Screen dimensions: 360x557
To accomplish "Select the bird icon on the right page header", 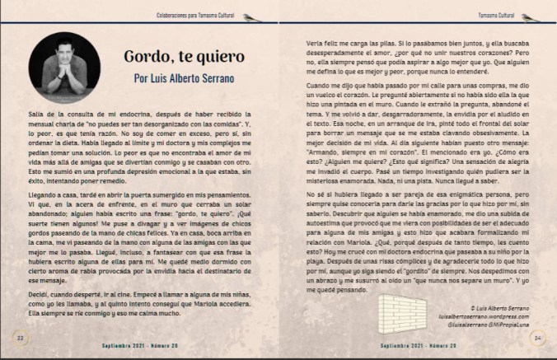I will click(540, 16).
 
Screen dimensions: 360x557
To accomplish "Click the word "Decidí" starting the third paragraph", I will click(38, 292).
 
